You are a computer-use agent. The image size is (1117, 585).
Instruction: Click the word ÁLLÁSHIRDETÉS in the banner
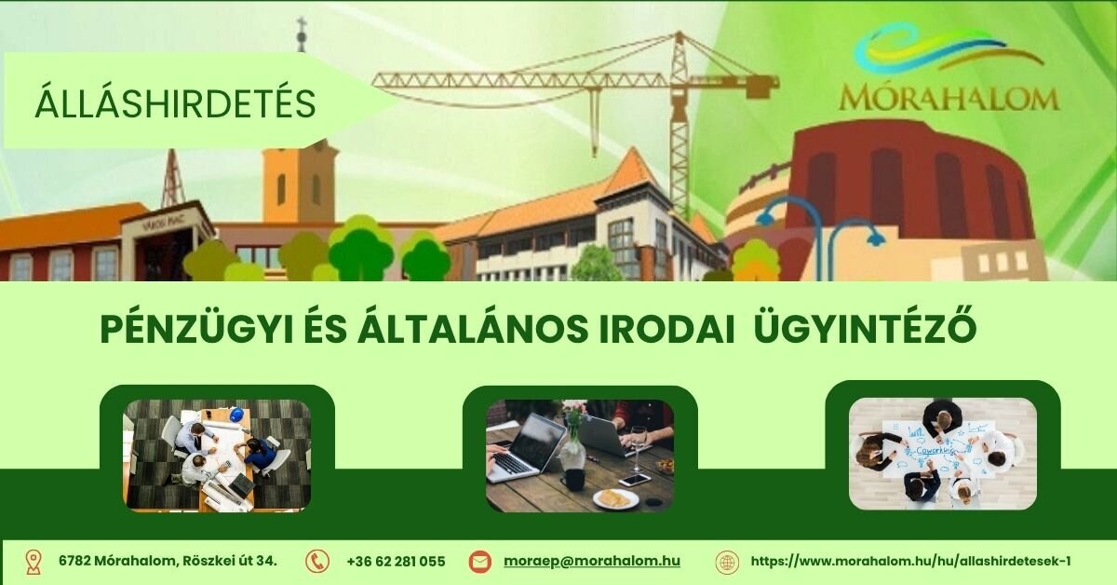coord(175,102)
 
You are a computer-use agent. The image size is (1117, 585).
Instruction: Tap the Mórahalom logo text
coord(949,98)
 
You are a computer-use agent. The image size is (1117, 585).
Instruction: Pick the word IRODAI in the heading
coord(666,329)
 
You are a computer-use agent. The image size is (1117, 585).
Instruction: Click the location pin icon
coord(33,562)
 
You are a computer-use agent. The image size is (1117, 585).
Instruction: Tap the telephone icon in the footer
coord(317,562)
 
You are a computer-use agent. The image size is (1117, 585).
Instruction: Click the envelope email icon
coord(479,562)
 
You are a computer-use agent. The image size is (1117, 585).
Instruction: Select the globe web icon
coord(727,562)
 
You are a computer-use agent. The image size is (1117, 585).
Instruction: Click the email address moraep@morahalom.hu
coord(592,561)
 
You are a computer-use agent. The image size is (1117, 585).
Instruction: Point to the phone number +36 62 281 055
coord(396,562)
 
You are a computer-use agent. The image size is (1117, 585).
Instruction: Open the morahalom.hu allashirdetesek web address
coord(910,561)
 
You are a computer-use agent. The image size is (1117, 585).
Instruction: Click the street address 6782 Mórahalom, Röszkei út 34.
coord(168,561)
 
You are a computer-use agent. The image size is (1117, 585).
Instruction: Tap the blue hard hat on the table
coord(236,414)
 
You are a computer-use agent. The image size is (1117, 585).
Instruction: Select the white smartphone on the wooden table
coord(634,480)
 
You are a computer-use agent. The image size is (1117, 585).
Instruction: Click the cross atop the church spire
coord(302,24)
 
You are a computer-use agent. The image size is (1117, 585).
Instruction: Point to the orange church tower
coord(300,182)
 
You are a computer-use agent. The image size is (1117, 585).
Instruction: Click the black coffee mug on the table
coord(572,480)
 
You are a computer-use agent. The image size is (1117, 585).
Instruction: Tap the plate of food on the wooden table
coord(616,498)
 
